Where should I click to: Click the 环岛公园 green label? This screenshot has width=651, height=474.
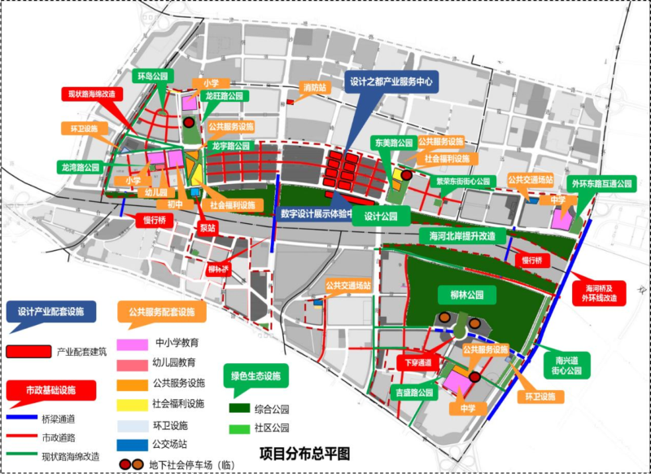pos(153,77)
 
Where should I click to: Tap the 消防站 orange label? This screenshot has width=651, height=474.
pos(314,87)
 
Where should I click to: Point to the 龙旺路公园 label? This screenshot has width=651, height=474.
pos(225,96)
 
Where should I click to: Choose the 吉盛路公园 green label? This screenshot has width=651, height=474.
pos(412,393)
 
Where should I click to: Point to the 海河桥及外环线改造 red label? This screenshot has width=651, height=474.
pos(602,293)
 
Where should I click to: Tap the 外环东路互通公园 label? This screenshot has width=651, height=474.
pos(602,184)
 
